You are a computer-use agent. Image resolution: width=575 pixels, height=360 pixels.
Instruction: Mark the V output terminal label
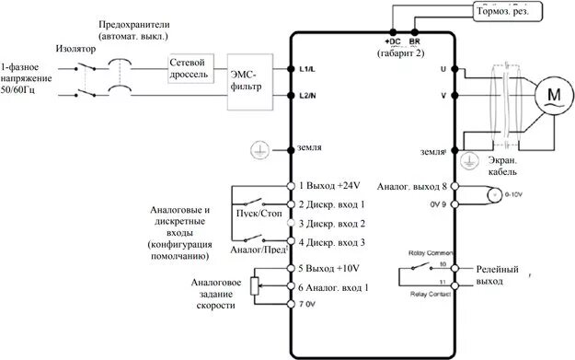(x=443, y=96)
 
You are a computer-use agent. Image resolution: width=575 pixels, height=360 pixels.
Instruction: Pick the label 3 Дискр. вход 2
(x=332, y=224)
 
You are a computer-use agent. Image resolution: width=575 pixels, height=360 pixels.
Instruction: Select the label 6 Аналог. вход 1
(x=334, y=286)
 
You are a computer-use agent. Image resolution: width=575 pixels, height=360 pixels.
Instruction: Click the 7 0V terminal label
(x=308, y=304)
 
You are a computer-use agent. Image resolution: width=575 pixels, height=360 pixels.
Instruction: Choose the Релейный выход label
(x=496, y=274)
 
